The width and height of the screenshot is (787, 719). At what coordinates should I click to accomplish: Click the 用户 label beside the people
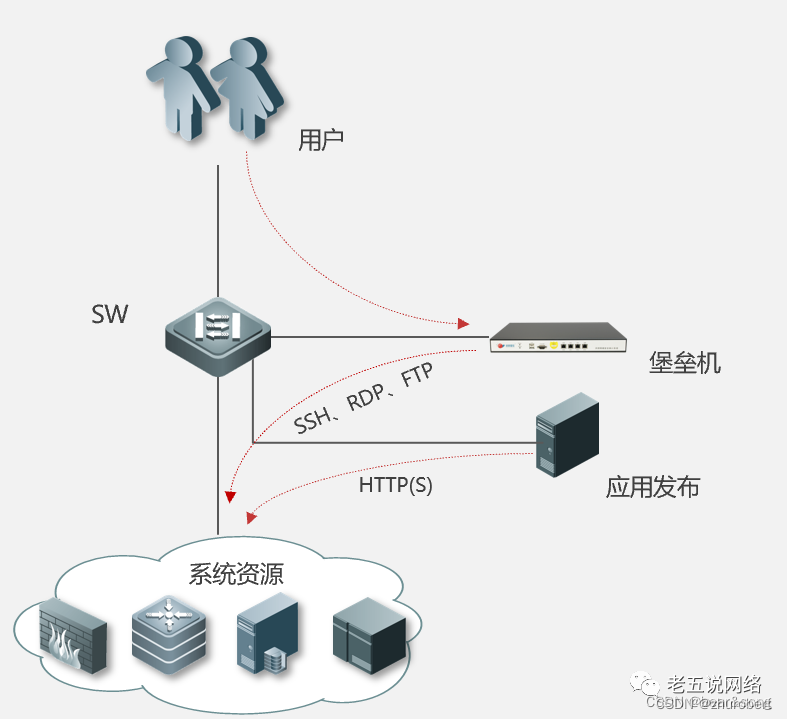[321, 140]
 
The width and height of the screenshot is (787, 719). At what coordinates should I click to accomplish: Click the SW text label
[110, 314]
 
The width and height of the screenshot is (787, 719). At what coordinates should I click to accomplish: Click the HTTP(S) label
[396, 486]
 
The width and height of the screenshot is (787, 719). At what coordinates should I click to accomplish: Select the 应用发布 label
[652, 487]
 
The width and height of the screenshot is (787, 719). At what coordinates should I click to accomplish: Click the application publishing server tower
[566, 433]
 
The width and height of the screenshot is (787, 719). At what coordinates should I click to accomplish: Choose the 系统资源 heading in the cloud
[236, 574]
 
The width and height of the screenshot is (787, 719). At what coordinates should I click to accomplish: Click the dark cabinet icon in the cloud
[369, 633]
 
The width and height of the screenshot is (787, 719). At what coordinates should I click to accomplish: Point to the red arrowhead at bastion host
[463, 324]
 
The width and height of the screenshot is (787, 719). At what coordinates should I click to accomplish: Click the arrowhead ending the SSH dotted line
[231, 495]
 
